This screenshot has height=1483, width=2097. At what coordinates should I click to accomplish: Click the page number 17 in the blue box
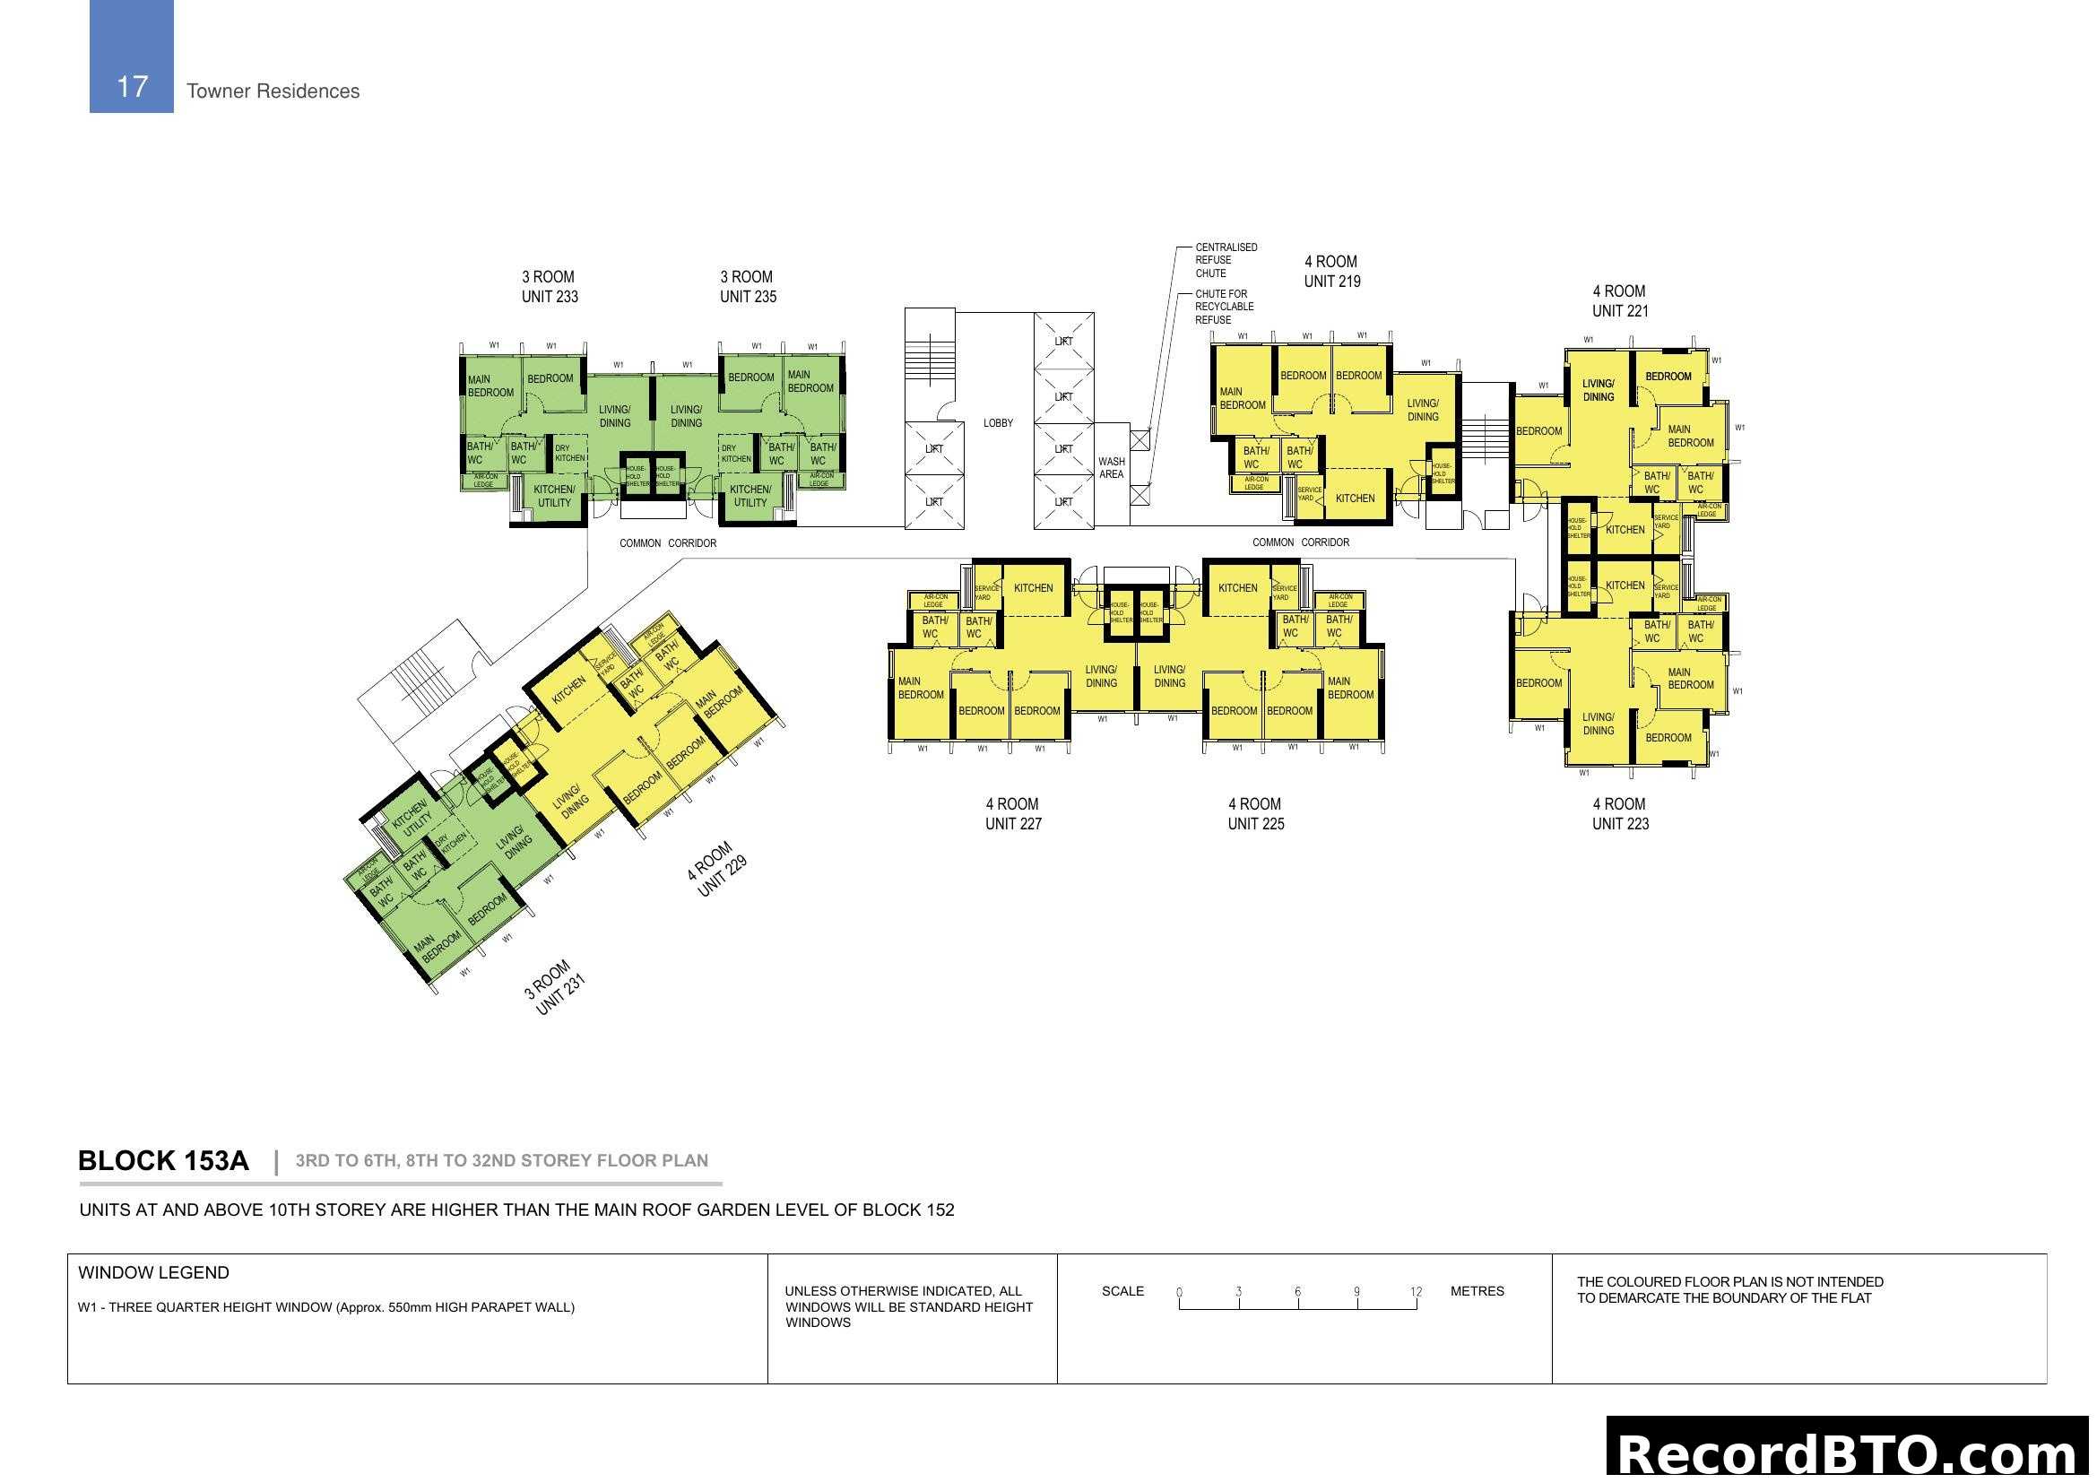pos(133,87)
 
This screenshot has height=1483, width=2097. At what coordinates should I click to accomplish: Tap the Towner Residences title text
pos(273,91)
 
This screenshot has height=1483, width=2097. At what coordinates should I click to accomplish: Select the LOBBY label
pos(998,423)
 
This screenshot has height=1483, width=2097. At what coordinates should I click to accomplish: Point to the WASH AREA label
pos(1112,467)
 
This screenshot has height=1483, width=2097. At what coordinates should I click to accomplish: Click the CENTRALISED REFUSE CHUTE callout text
pos(1226,260)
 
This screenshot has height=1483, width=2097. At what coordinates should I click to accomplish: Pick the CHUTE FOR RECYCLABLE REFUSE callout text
pos(1224,307)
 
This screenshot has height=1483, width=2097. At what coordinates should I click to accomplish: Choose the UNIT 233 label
pos(550,297)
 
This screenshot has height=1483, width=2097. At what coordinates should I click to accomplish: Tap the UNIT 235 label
pos(748,297)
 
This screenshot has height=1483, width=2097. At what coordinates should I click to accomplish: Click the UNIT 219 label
pos(1331,282)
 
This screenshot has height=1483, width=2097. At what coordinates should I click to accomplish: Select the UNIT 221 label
pos(1620,311)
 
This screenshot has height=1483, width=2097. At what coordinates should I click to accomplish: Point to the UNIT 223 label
pos(1620,824)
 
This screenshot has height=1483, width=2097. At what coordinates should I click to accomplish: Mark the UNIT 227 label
pos(1013,824)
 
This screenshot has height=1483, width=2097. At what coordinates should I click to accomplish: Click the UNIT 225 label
pos(1256,824)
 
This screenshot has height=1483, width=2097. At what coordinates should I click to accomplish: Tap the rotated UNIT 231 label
pos(559,994)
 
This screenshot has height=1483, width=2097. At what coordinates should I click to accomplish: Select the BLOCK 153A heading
pos(163,1160)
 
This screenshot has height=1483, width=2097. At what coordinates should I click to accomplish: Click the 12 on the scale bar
pos(1416,1291)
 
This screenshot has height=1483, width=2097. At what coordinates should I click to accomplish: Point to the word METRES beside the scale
pos(1477,1291)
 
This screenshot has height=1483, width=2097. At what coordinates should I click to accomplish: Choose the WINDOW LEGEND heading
pos(153,1273)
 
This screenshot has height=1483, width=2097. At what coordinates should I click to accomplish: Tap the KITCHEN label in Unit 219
pos(1355,499)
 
